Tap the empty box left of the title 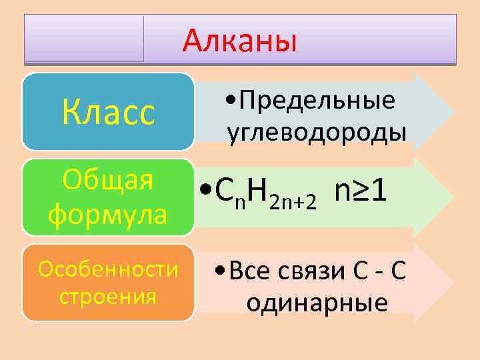point(84,39)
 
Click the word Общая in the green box point(108,181)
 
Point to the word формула point(108,215)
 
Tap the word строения point(108,295)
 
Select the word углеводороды point(317,131)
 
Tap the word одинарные point(317,303)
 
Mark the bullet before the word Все point(221,272)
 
